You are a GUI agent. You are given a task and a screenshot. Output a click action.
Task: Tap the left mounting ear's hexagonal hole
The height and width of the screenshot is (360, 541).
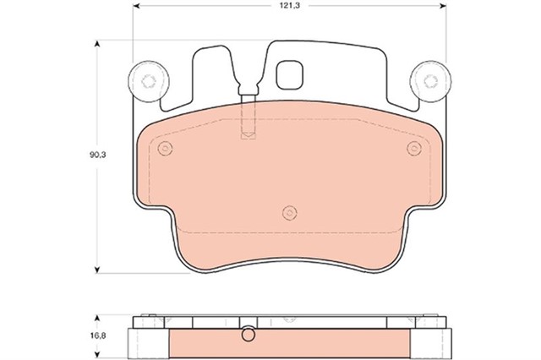147,81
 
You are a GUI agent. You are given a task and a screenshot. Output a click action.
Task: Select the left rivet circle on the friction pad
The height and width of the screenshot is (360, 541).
164,150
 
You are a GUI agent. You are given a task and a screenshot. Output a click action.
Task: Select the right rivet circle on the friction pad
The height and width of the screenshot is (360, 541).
413,150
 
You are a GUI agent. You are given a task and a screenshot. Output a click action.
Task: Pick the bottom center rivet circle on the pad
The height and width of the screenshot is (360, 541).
289,211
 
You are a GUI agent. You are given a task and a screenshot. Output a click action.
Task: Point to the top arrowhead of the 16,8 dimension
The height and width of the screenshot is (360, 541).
101,320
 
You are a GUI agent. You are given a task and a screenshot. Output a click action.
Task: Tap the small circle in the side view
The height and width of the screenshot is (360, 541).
247,335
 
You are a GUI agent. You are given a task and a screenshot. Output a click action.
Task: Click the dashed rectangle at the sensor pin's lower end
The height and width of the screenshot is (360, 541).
248,134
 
